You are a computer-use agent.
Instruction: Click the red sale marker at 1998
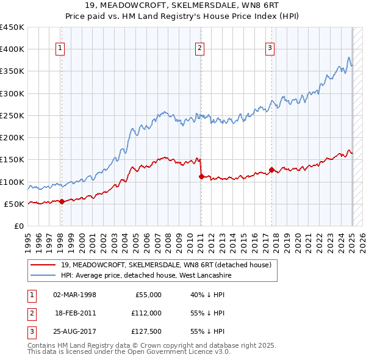pyautogui.click(x=62, y=201)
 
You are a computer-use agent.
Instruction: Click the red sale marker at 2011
pyautogui.click(x=201, y=176)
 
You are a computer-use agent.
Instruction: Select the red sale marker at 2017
pyautogui.click(x=271, y=170)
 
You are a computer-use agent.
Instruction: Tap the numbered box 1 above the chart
pyautogui.click(x=61, y=49)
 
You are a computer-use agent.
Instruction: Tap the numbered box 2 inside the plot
pyautogui.click(x=200, y=49)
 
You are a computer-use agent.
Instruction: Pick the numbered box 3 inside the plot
pyautogui.click(x=270, y=49)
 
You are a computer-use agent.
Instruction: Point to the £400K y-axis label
pyautogui.click(x=12, y=49)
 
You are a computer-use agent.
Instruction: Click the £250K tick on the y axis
pyautogui.click(x=12, y=115)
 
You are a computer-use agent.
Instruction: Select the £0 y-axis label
pyautogui.click(x=19, y=226)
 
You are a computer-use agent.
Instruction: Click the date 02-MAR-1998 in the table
pyautogui.click(x=74, y=295)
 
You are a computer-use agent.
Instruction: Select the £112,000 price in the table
pyautogui.click(x=146, y=313)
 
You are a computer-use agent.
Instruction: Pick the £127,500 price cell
pyautogui.click(x=146, y=331)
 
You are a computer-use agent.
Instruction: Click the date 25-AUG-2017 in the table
pyautogui.click(x=74, y=331)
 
